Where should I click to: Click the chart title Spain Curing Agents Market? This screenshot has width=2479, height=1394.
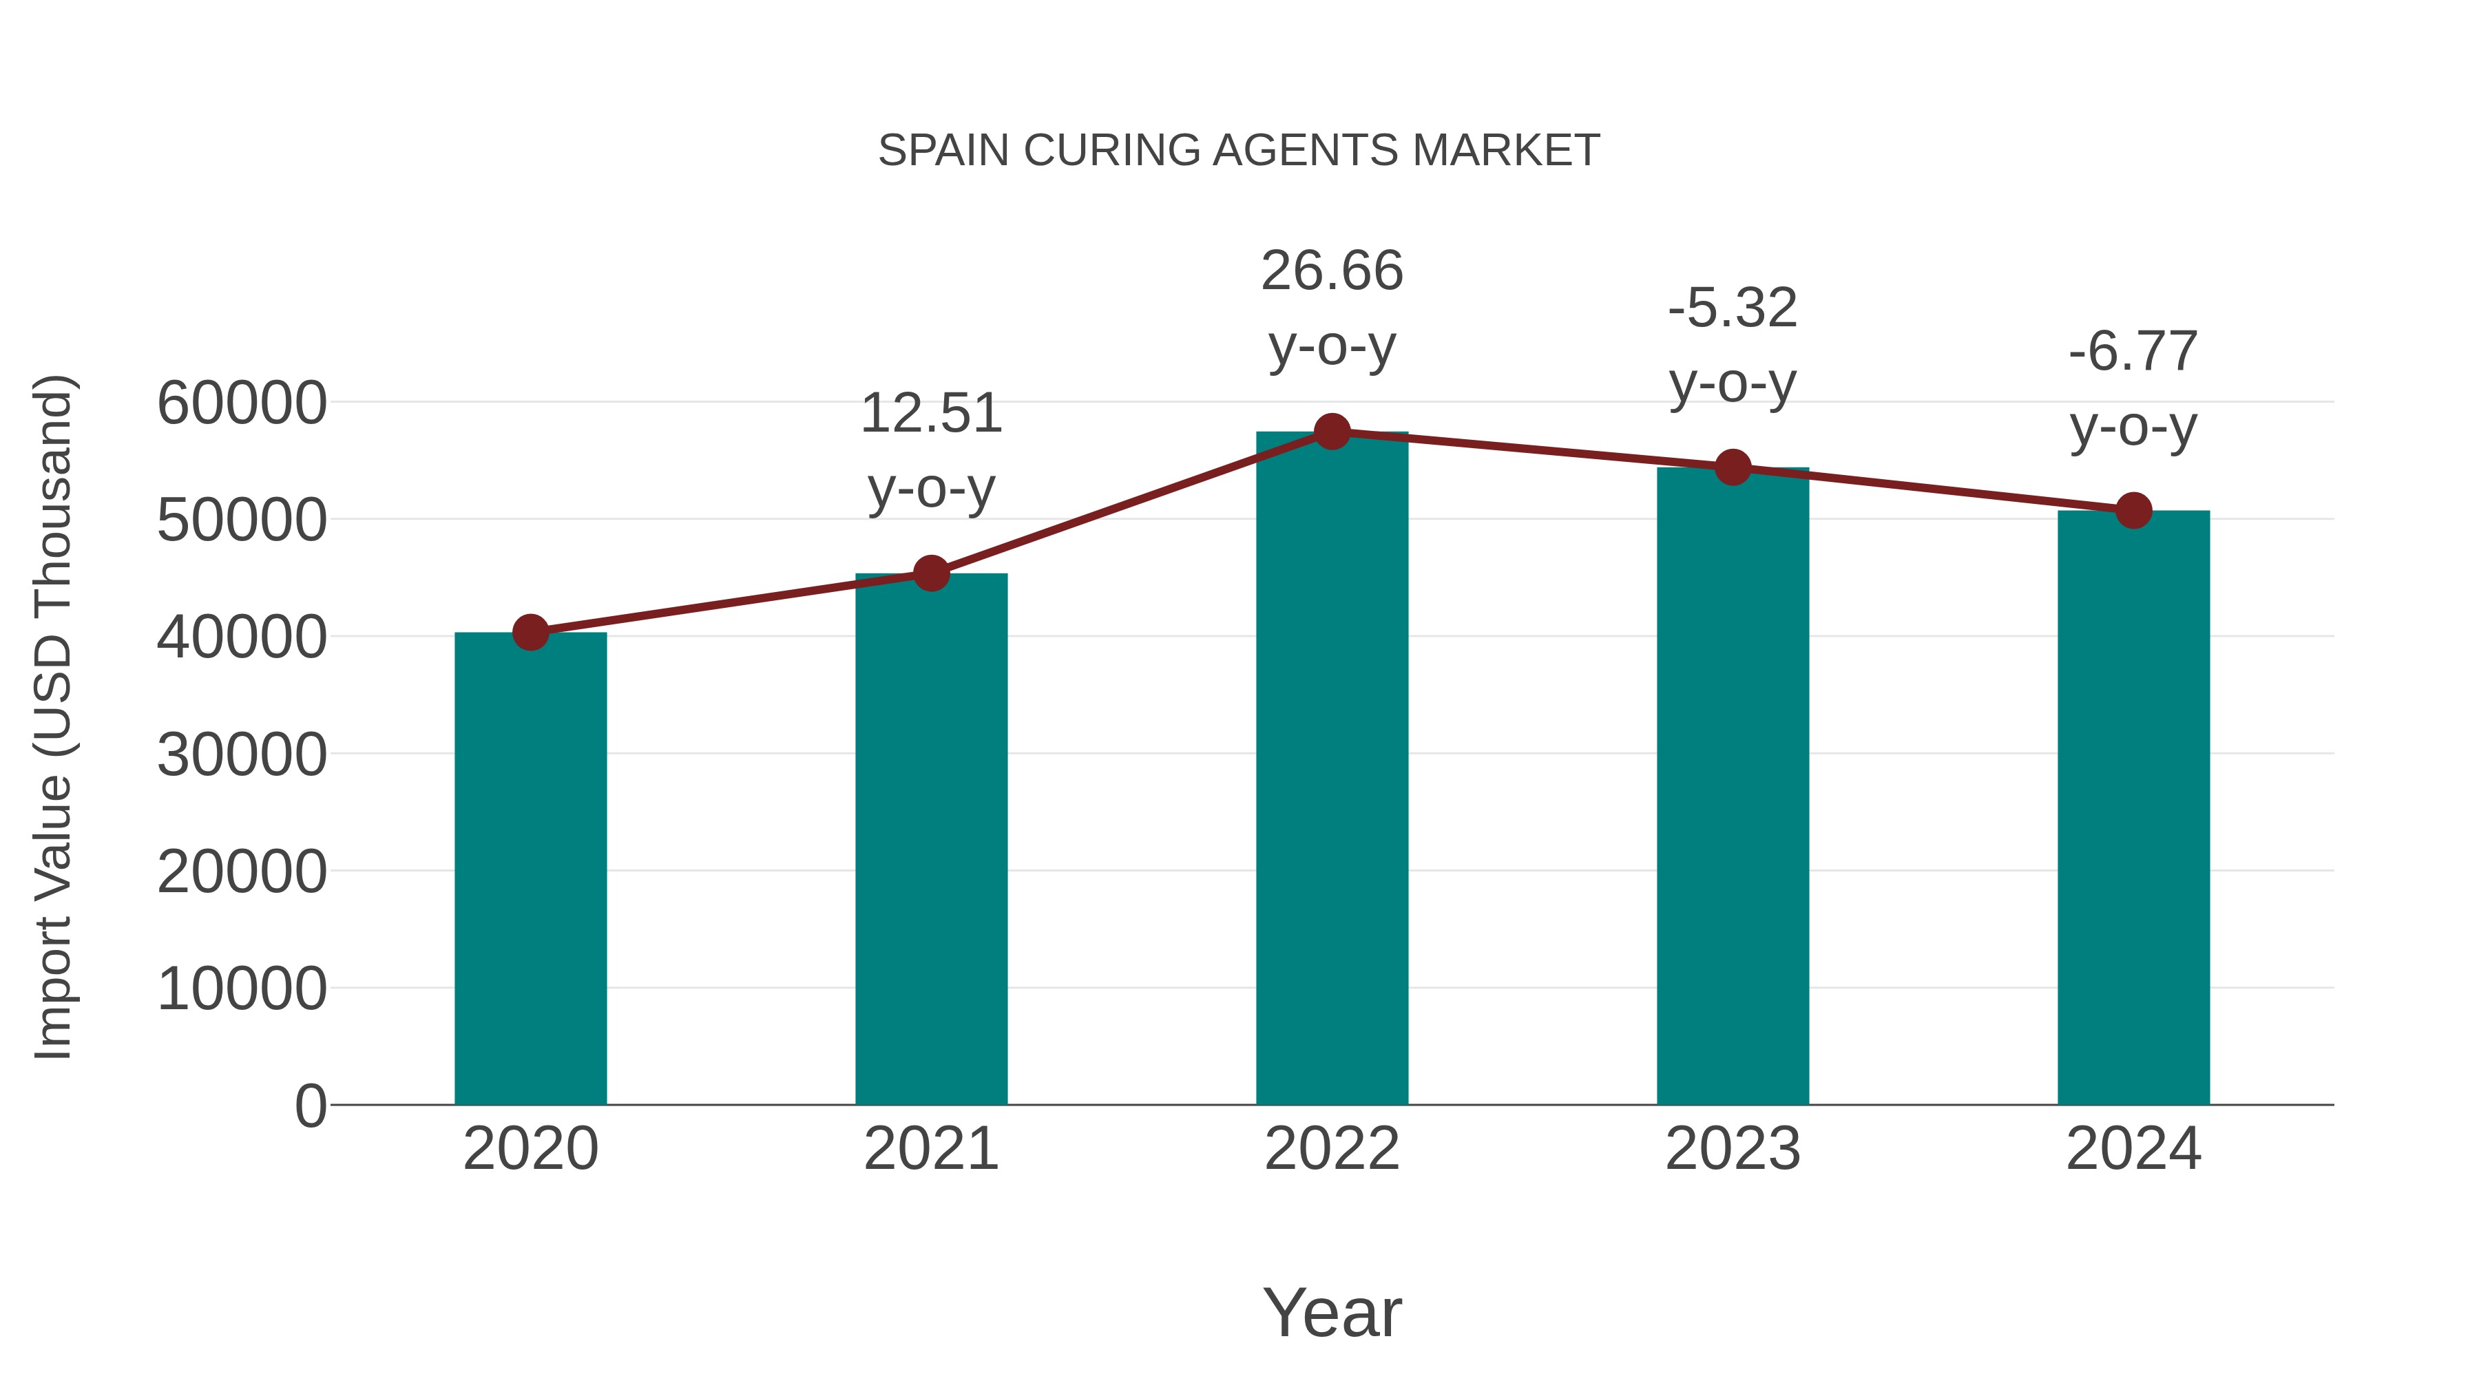1239,151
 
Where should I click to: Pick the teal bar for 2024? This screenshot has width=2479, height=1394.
2133,807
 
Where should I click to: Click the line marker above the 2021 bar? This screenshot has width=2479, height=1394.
930,574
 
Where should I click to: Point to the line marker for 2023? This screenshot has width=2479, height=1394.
1733,467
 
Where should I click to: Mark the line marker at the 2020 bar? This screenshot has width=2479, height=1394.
530,633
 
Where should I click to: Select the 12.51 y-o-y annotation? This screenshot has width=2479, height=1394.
930,450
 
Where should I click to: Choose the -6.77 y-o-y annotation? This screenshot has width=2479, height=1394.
2133,389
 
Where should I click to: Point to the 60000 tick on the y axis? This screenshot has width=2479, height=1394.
242,403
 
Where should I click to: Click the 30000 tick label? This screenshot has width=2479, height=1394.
242,755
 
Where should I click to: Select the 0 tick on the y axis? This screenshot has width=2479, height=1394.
310,1106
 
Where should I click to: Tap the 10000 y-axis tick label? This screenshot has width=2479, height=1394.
242,989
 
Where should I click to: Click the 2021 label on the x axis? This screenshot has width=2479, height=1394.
930,1150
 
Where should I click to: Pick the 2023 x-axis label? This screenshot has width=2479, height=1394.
1733,1150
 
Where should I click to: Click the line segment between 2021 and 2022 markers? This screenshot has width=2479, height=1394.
1131,503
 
